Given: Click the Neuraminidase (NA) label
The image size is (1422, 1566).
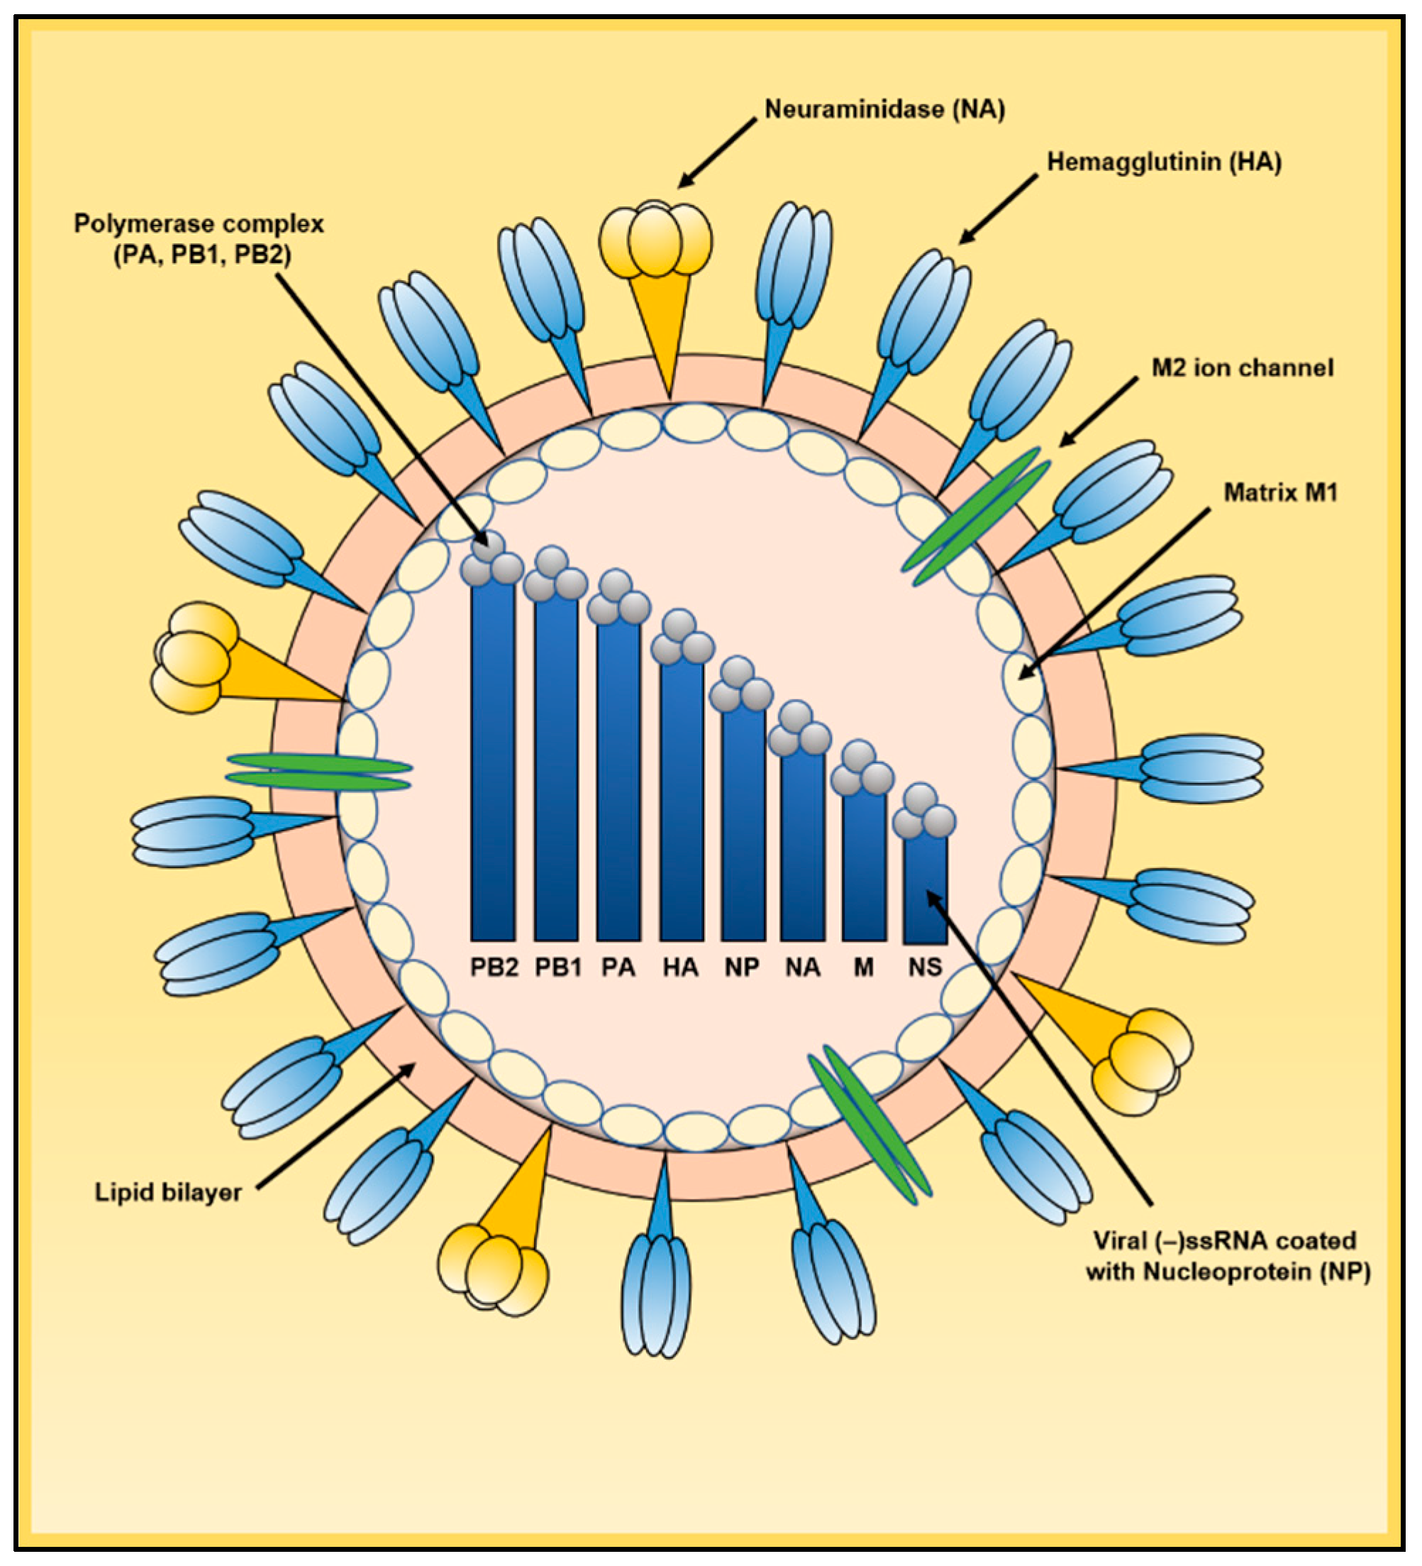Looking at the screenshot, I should click(x=884, y=109).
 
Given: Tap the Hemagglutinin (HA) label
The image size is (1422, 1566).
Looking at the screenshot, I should click(x=1163, y=162).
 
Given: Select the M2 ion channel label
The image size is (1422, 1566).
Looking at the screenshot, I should click(x=1242, y=367).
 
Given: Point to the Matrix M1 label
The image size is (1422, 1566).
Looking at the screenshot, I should click(x=1280, y=492).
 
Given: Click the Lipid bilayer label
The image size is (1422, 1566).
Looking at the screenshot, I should click(x=168, y=1192).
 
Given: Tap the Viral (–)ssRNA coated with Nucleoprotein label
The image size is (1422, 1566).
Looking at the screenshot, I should click(x=1227, y=1256).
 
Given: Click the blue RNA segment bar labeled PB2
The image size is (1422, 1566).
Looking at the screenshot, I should click(x=492, y=761).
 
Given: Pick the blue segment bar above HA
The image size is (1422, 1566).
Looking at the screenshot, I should click(x=681, y=800).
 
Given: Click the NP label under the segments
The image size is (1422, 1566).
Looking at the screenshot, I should click(x=742, y=967).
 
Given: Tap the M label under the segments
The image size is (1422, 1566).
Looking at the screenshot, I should click(x=863, y=967).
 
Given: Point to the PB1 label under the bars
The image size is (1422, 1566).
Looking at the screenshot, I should click(x=557, y=967).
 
